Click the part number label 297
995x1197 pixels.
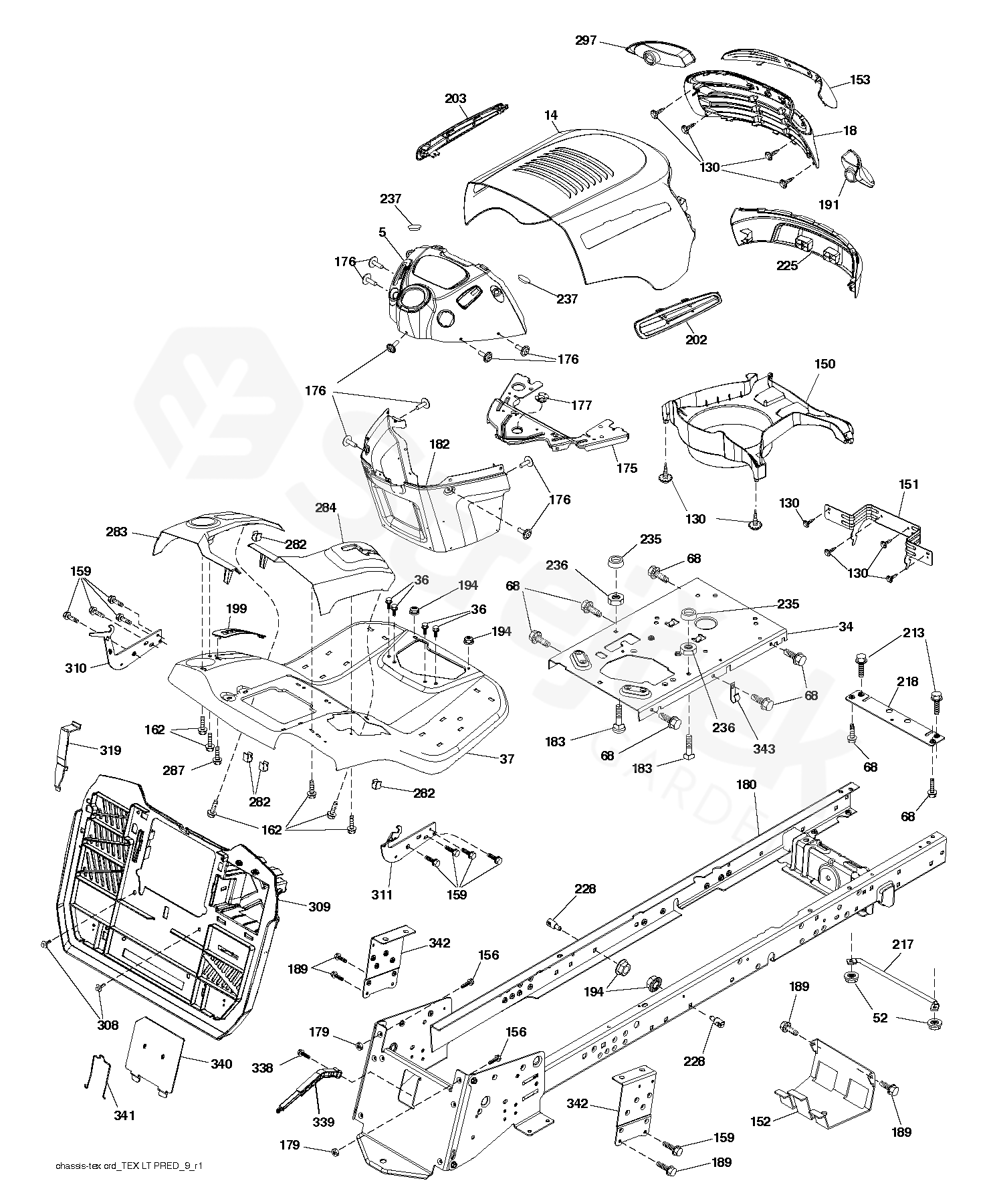click(x=586, y=41)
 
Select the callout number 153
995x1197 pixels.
click(x=860, y=80)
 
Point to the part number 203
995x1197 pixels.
click(x=455, y=99)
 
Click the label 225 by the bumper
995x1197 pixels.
click(x=787, y=265)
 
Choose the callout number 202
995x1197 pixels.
click(x=696, y=340)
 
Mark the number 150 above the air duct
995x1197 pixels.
click(x=824, y=364)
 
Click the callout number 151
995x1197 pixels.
click(x=909, y=484)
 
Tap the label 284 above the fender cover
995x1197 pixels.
click(x=326, y=508)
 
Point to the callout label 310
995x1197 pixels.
click(x=76, y=667)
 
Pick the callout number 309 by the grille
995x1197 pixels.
click(x=320, y=907)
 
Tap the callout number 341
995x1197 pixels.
click(x=124, y=1115)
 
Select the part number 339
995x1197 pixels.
click(x=324, y=1122)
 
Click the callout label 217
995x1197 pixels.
click(x=903, y=944)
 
